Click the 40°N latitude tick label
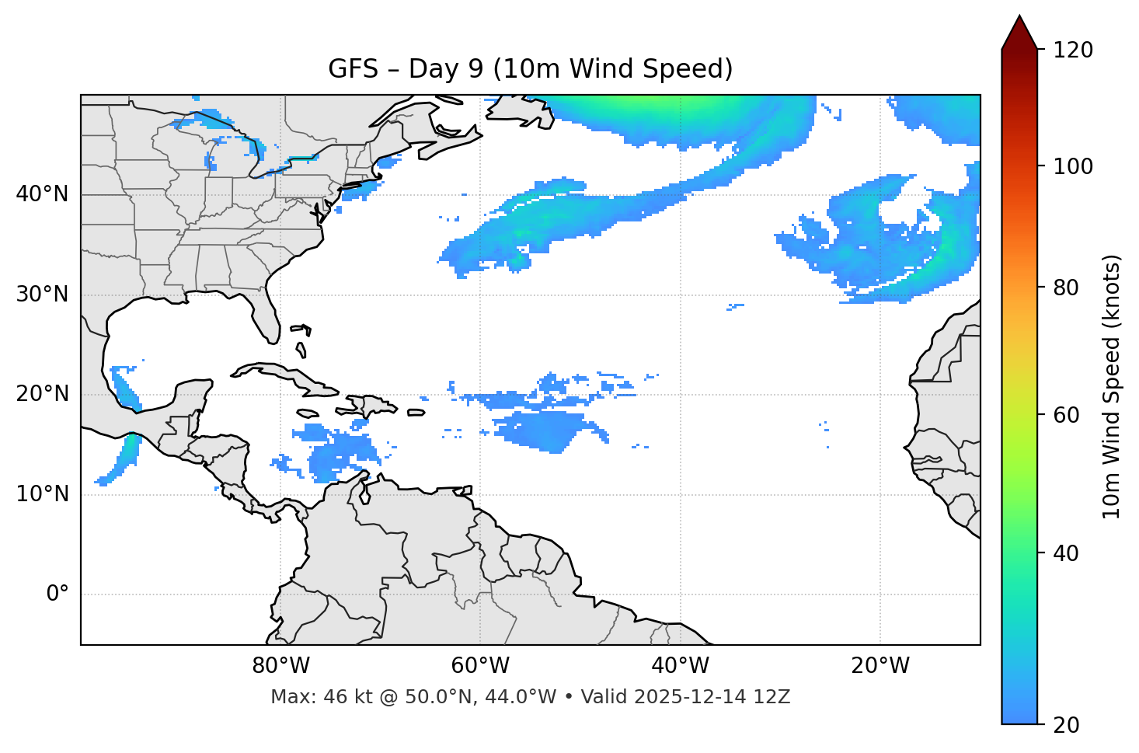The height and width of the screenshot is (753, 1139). [x=42, y=194]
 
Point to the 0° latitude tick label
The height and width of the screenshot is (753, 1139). [x=57, y=594]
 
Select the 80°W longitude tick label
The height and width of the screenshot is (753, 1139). [x=280, y=666]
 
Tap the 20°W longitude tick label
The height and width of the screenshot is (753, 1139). [x=880, y=666]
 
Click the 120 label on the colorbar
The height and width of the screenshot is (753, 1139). [x=1073, y=50]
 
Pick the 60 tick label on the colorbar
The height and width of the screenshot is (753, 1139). [x=1066, y=415]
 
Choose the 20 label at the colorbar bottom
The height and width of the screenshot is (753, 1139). [x=1066, y=725]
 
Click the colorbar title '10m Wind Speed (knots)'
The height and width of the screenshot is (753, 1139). [x=1112, y=386]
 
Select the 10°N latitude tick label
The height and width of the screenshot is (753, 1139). [x=42, y=494]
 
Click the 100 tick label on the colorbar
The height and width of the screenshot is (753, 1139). [x=1073, y=166]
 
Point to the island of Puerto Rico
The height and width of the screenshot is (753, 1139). [x=416, y=413]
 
